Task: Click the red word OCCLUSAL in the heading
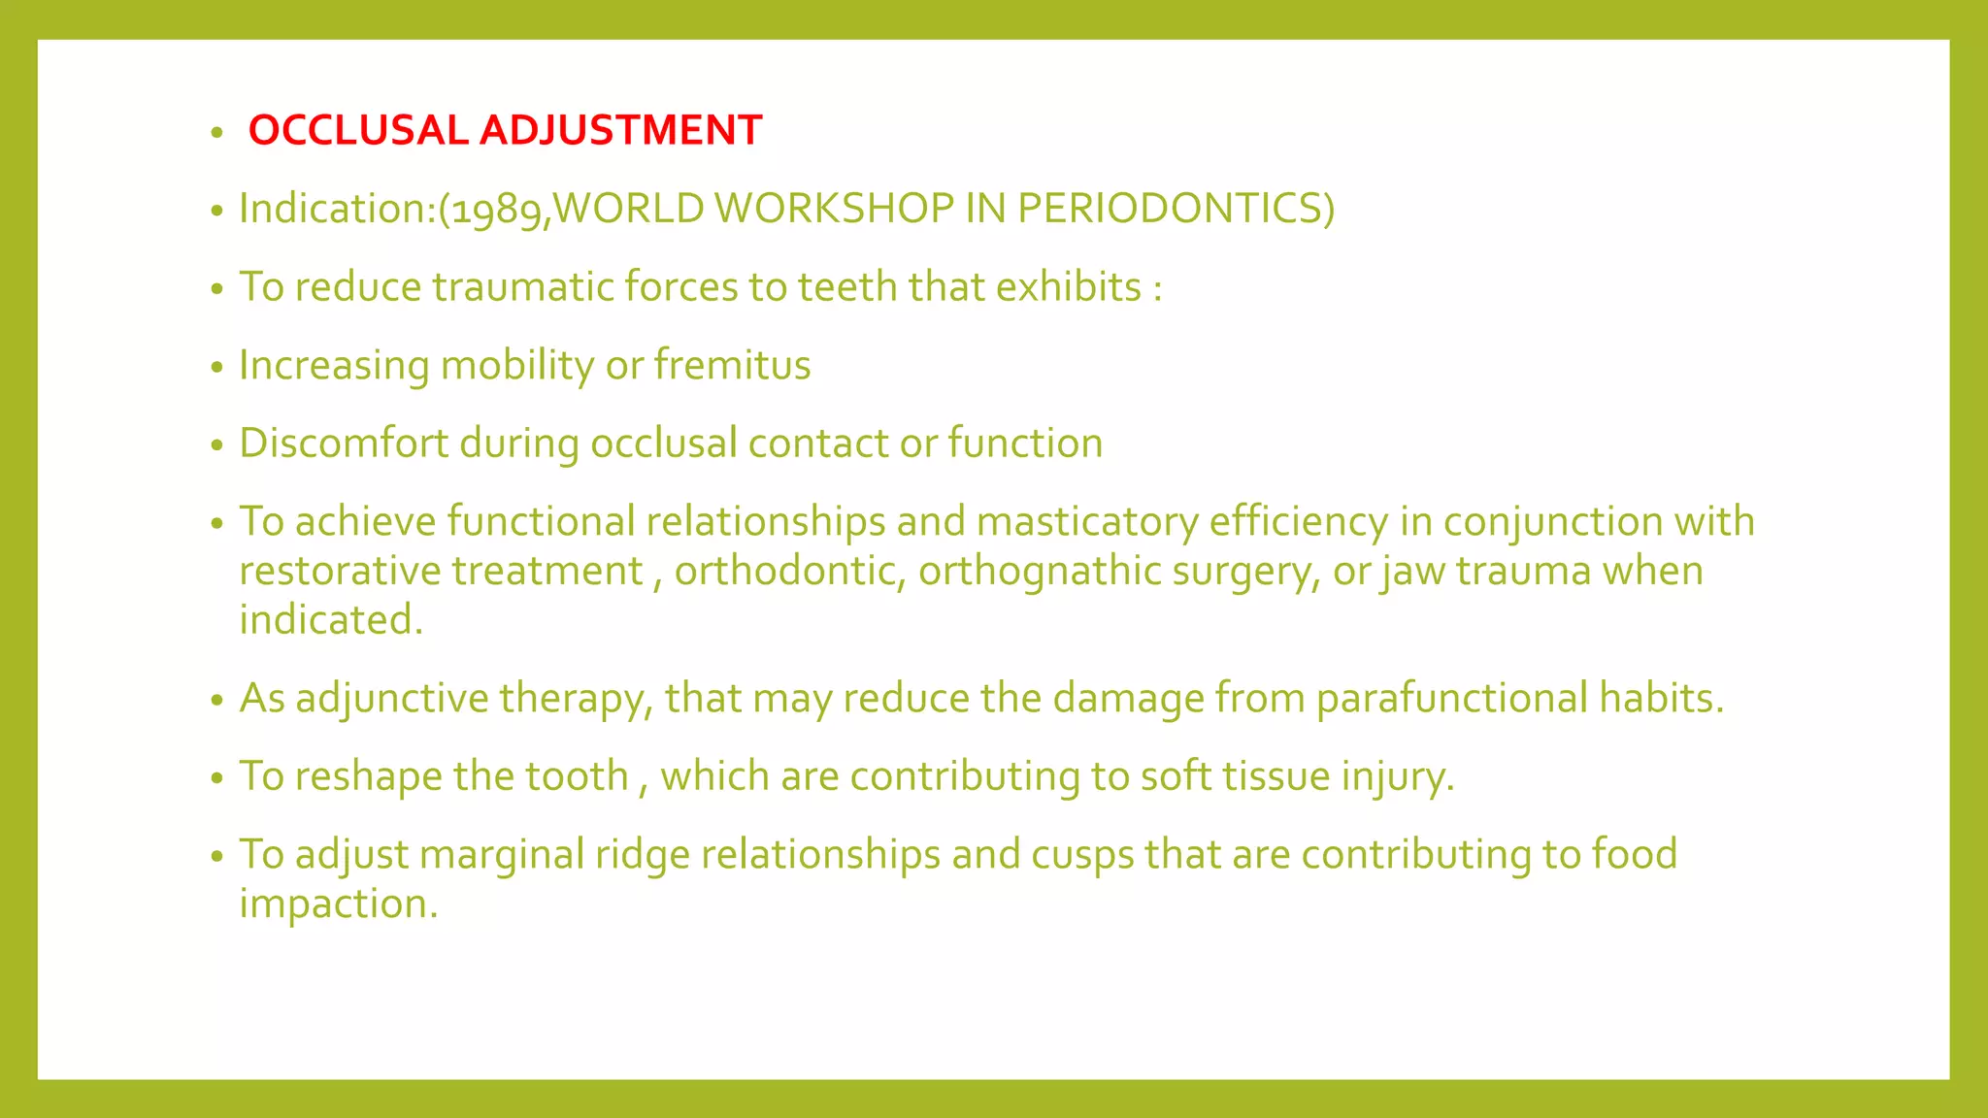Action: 357,130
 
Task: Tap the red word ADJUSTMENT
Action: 620,130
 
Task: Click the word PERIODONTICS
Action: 1176,209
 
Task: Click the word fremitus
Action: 732,365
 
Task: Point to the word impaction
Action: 338,904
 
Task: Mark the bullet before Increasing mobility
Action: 217,368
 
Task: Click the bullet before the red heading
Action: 217,132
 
